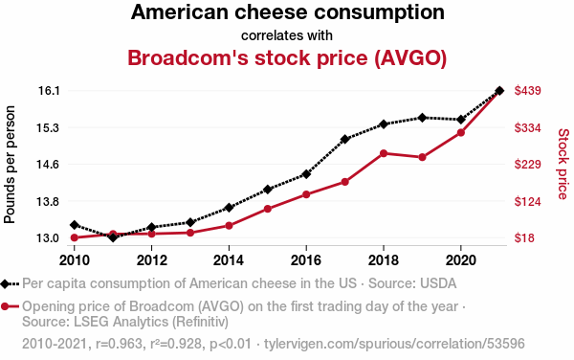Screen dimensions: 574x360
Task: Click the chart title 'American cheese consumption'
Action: point(288,12)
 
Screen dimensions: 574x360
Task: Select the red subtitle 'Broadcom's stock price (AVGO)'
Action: point(287,57)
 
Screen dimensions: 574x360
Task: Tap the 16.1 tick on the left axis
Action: point(49,90)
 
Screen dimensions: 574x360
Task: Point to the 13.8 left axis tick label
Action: point(48,201)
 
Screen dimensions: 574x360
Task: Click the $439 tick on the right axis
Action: point(527,90)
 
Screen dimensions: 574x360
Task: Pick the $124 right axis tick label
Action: point(527,201)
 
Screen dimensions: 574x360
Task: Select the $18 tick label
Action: point(524,238)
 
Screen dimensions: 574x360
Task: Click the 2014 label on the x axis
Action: point(229,260)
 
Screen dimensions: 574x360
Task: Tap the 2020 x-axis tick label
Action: point(460,260)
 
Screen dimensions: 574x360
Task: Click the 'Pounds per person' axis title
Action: point(10,165)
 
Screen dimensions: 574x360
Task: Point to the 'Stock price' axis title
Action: point(563,164)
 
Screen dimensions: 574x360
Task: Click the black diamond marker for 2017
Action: point(344,139)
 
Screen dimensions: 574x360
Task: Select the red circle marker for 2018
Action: point(384,153)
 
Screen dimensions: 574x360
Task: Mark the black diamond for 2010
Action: point(75,225)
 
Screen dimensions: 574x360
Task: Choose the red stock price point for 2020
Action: point(461,132)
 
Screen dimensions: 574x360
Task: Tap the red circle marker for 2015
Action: point(268,209)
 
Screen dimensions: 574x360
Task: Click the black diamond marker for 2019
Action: point(422,118)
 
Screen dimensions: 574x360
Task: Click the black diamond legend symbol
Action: point(5,283)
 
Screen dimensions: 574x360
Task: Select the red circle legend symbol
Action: point(5,306)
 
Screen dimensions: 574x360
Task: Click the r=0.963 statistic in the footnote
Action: point(119,344)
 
